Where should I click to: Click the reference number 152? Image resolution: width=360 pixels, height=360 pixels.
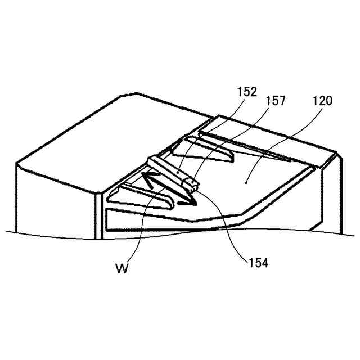[247, 92]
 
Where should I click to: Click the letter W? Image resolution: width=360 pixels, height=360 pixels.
[123, 268]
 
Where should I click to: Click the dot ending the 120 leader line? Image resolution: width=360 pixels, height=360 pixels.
[246, 181]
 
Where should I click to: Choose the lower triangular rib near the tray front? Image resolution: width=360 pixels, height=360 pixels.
[141, 194]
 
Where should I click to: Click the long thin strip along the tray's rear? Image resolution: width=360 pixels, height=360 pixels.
[247, 146]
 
